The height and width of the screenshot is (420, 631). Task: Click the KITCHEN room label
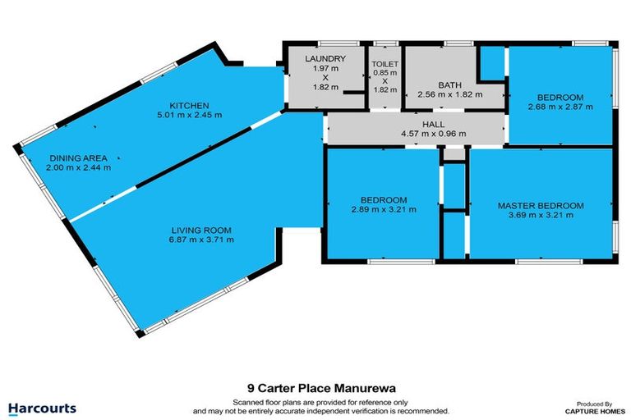190,105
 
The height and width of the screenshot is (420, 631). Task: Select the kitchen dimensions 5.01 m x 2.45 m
190,115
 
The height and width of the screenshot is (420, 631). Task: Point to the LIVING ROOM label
201,230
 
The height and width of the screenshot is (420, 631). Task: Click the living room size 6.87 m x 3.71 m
201,240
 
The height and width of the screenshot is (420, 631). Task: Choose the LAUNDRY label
325,58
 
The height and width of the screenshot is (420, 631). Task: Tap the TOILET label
385,62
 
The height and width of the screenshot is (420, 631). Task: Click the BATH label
449,84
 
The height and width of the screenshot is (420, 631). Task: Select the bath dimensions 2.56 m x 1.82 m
449,94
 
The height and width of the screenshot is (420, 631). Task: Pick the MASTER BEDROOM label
540,205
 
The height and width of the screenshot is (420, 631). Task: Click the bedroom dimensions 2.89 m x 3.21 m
384,210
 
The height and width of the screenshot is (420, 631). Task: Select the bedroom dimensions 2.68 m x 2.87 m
560,106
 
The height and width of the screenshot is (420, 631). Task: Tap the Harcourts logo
42,408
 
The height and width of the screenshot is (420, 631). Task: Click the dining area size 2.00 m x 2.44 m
79,167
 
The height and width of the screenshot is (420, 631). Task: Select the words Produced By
596,404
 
